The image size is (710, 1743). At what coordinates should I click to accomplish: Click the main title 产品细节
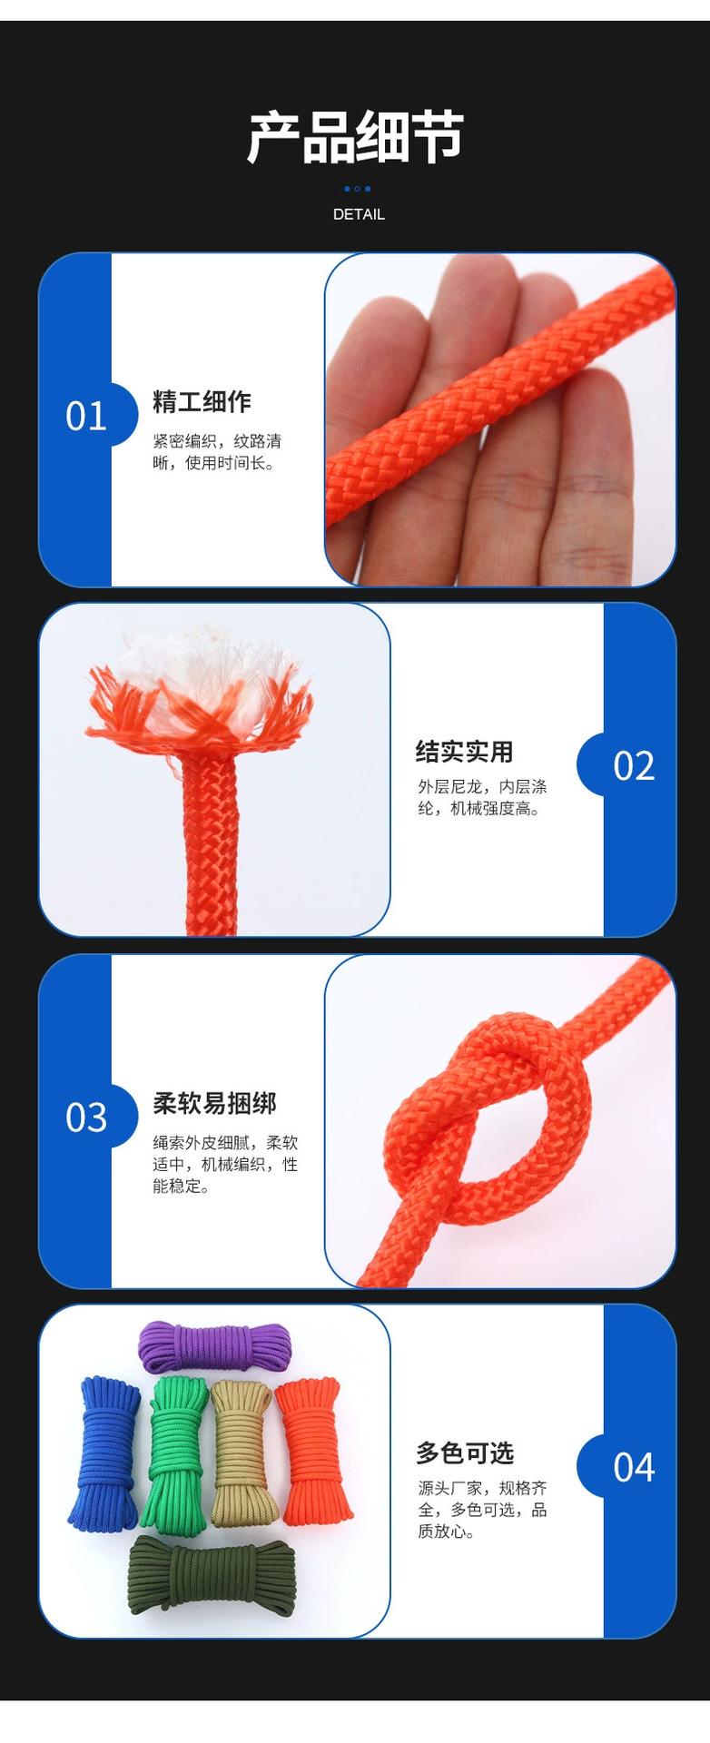[x=355, y=137]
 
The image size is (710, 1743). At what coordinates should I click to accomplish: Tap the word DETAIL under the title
[x=359, y=214]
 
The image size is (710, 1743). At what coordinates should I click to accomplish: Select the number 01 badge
[x=86, y=416]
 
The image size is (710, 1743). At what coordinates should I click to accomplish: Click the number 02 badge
[x=634, y=765]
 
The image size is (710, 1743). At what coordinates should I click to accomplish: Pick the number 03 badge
[x=86, y=1117]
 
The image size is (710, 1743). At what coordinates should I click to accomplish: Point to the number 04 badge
[x=634, y=1467]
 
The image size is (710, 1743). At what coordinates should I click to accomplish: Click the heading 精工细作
[x=202, y=402]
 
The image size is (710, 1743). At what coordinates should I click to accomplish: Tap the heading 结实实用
[x=464, y=752]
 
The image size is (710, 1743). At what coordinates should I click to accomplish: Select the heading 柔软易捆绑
[x=214, y=1103]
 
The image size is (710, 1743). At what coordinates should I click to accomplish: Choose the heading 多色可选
[x=465, y=1453]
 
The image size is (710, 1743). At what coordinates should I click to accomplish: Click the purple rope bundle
[x=214, y=1345]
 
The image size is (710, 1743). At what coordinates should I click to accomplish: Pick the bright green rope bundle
[x=177, y=1452]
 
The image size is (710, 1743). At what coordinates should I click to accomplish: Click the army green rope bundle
[x=212, y=1574]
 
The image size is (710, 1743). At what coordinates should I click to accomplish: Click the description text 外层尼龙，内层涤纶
[x=482, y=797]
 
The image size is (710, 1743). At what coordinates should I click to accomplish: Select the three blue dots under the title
[x=357, y=189]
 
